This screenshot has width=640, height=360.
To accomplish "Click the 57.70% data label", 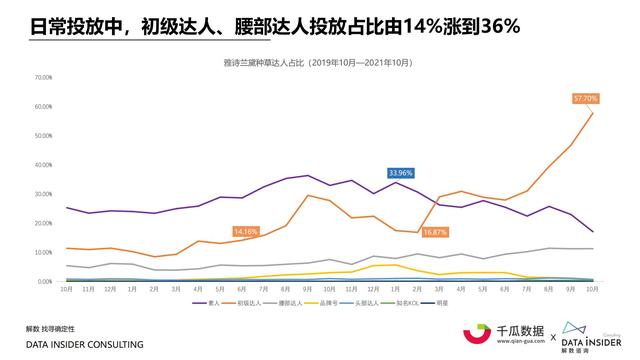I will click(x=585, y=98).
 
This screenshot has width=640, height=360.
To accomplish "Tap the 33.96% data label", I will click(x=401, y=172).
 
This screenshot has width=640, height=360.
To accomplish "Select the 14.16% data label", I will click(x=246, y=231).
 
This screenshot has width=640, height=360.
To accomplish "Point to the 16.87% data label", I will click(x=434, y=231).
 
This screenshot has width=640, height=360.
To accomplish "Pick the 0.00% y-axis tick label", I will click(x=43, y=281).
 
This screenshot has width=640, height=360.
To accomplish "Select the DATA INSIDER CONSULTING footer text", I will click(x=84, y=344).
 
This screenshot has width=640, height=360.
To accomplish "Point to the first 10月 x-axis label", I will click(x=67, y=289).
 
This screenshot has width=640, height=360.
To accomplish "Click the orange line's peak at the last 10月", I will click(x=593, y=112).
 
